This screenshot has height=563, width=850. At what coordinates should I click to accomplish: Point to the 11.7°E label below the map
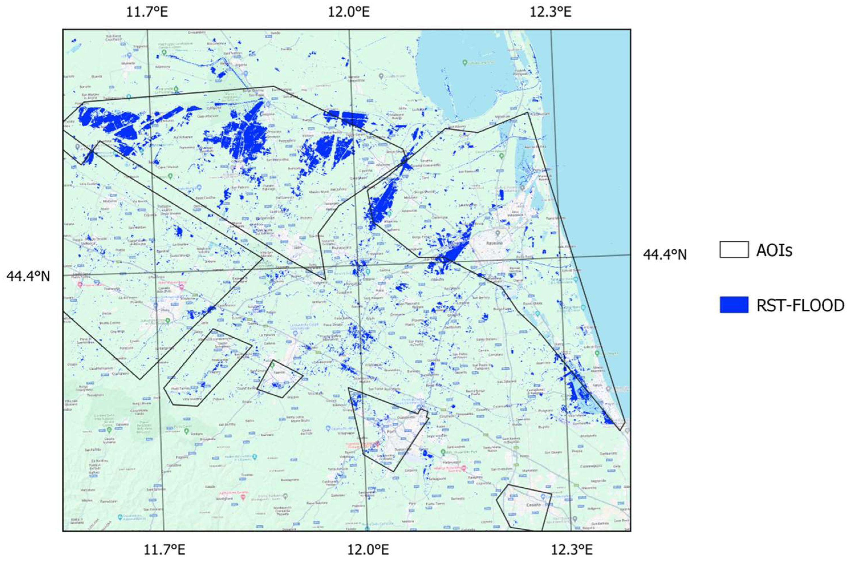pos(165,549)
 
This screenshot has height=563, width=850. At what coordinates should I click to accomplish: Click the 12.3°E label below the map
pos(572,549)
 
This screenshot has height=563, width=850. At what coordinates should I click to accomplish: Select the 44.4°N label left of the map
pos(28,276)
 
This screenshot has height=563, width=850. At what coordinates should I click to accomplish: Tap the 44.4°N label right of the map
pos(665,255)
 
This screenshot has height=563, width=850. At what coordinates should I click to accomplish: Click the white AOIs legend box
pos(734,250)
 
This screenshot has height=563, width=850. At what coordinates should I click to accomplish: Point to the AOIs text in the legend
pos(774,250)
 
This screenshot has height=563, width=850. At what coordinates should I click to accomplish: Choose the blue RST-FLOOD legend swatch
pos(734,305)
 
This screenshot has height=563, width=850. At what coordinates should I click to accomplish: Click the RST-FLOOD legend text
pos(800,305)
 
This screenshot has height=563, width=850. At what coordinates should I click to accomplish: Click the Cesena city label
pos(526,505)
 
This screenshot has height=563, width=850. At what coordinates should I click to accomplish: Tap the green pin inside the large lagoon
pos(465,63)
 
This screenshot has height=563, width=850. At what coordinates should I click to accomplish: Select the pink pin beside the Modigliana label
pos(243,497)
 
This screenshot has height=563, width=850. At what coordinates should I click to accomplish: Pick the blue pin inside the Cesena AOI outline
pos(543,496)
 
